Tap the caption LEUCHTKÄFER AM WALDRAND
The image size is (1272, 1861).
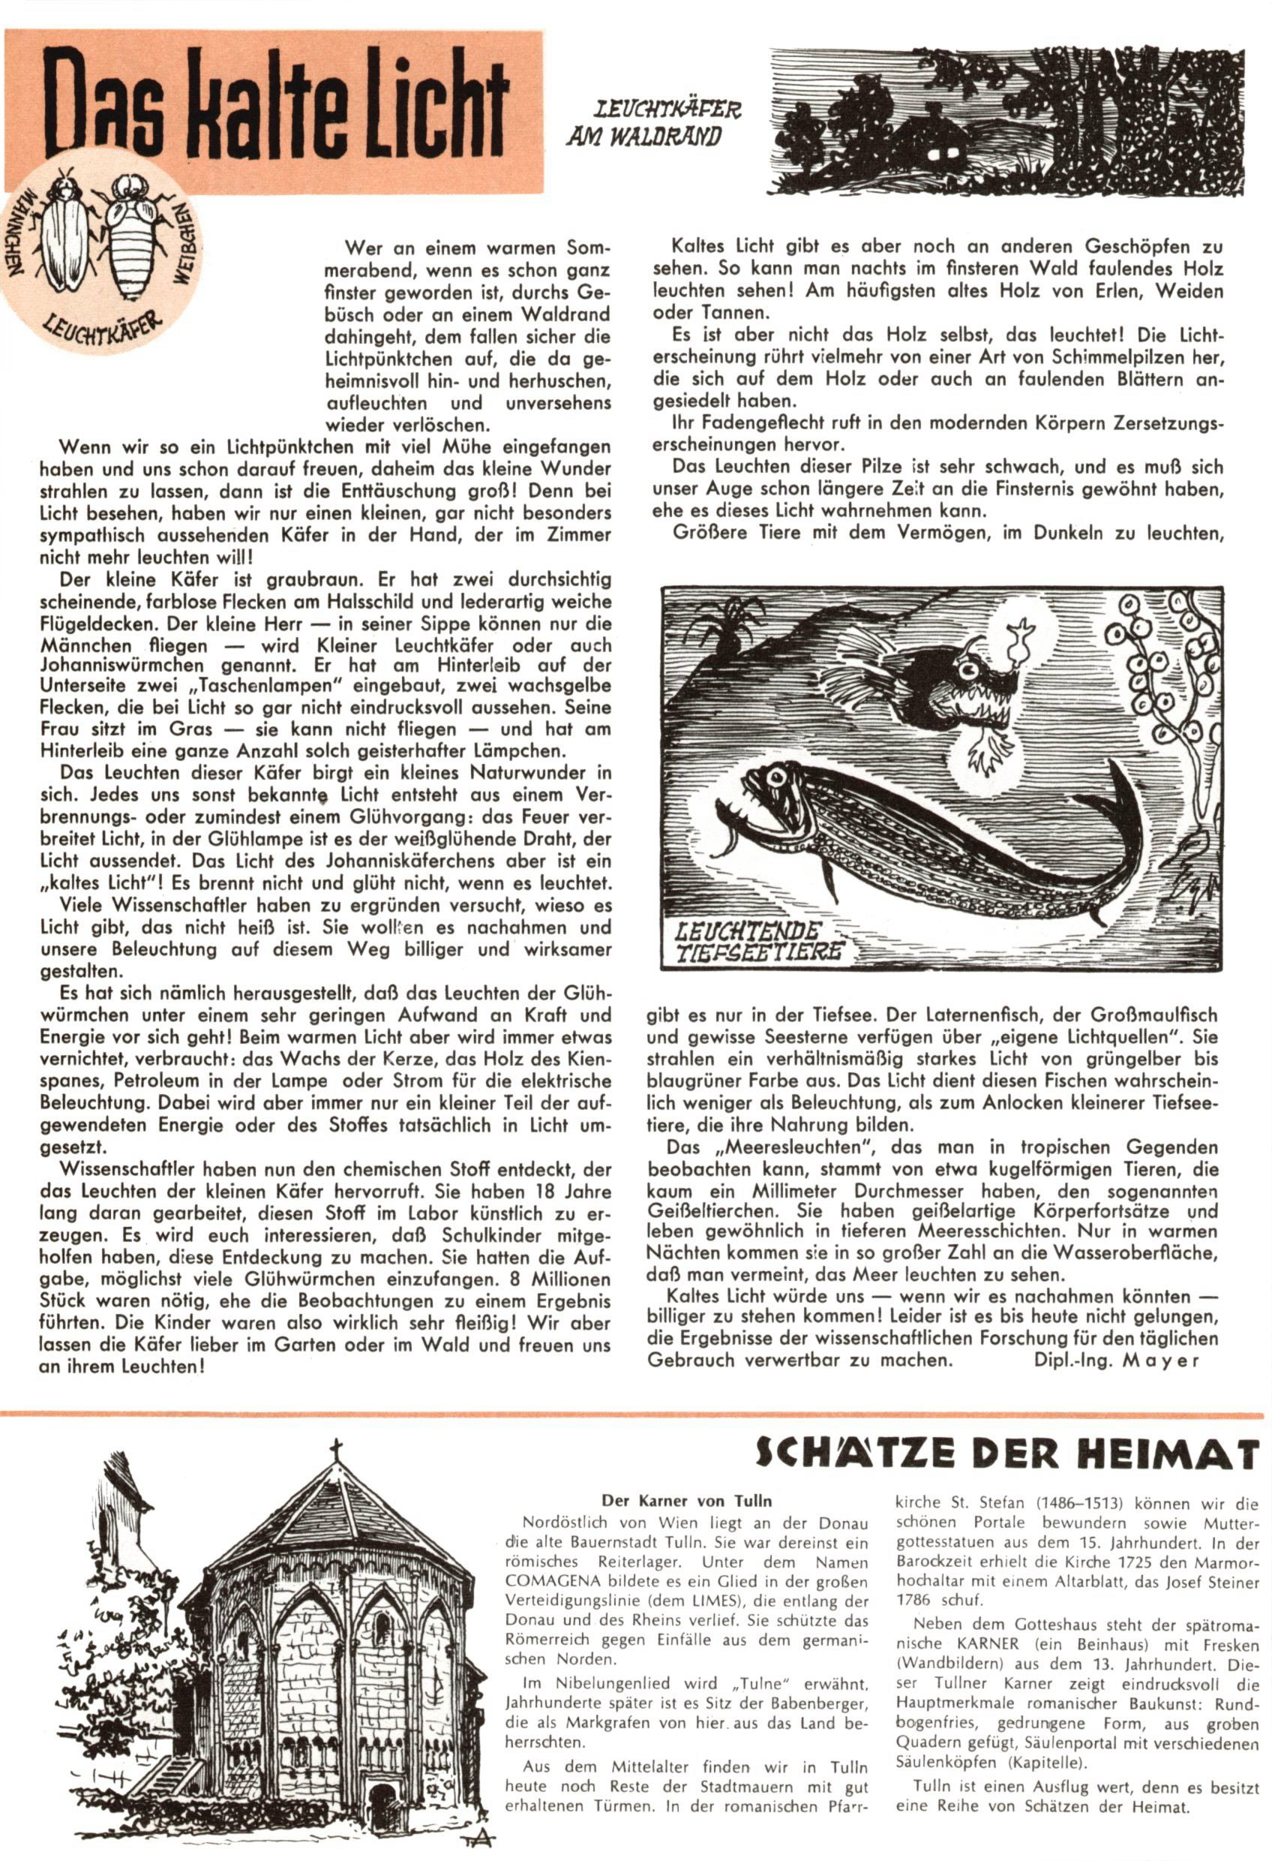(653, 122)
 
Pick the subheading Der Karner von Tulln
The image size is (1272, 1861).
(687, 1502)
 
